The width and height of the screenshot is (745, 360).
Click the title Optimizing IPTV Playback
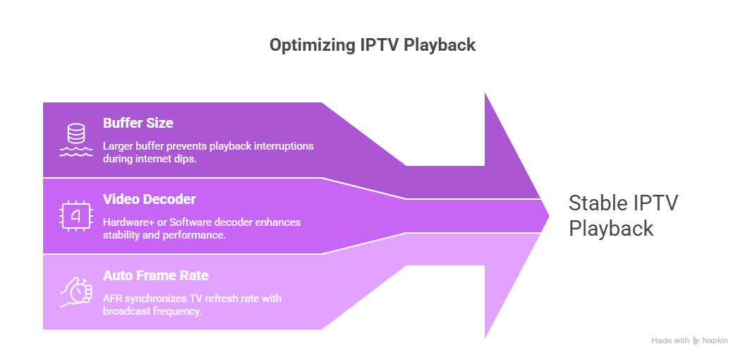point(372,45)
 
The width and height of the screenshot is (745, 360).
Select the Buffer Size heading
point(138,123)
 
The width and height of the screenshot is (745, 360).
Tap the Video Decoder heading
point(149,199)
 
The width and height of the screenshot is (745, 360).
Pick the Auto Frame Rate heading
point(155,275)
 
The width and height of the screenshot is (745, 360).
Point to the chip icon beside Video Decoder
point(75,215)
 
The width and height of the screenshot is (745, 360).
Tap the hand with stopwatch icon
point(75,292)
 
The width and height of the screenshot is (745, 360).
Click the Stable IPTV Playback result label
point(623,215)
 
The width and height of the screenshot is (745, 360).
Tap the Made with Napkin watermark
point(689,340)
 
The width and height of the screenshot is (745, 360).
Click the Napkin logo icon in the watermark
point(697,340)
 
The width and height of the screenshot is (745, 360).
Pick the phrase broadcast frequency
point(152,311)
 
